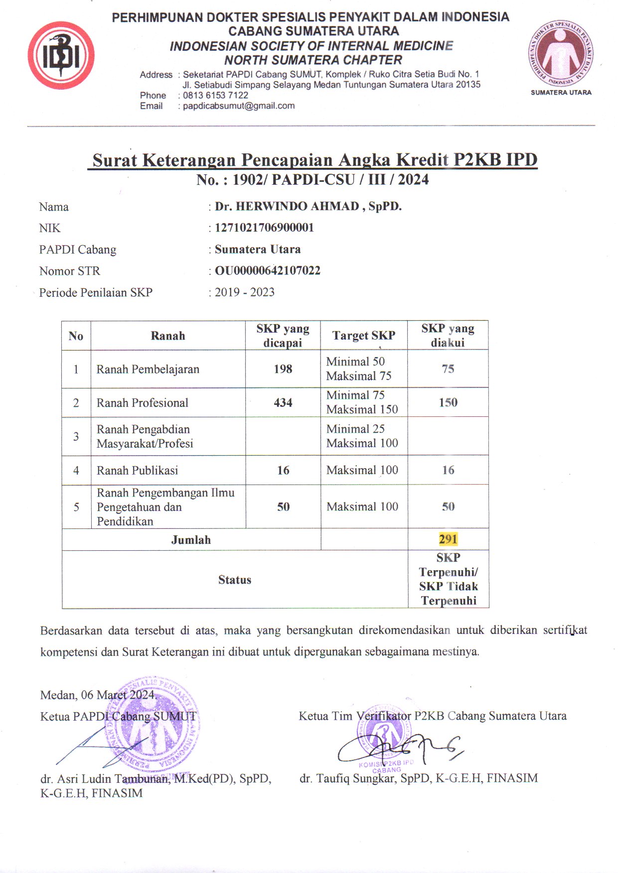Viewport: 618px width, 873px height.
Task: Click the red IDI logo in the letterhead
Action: pyautogui.click(x=61, y=56)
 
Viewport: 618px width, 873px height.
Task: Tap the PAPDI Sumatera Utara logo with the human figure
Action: pyautogui.click(x=561, y=54)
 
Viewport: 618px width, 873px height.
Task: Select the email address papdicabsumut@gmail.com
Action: pyautogui.click(x=239, y=106)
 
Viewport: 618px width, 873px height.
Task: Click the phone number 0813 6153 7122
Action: pyautogui.click(x=215, y=95)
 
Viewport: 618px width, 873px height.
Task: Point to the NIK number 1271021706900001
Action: pyautogui.click(x=264, y=228)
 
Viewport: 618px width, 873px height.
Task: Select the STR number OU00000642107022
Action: pyautogui.click(x=267, y=271)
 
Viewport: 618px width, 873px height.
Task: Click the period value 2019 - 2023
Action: pyautogui.click(x=244, y=292)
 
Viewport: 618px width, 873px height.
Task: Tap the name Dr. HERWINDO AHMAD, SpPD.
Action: pyautogui.click(x=308, y=207)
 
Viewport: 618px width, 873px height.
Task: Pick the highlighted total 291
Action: pyautogui.click(x=448, y=539)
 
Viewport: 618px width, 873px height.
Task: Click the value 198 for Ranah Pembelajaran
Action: pyautogui.click(x=283, y=369)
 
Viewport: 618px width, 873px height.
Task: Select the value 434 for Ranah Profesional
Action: pyautogui.click(x=283, y=403)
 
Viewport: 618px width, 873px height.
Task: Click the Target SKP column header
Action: pyautogui.click(x=364, y=336)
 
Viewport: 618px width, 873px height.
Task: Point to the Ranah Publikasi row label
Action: pyautogui.click(x=137, y=471)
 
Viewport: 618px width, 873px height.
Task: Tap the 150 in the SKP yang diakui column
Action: pyautogui.click(x=448, y=402)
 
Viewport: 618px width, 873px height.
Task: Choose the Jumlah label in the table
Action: pyautogui.click(x=191, y=540)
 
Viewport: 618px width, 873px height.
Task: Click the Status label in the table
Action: pyautogui.click(x=235, y=580)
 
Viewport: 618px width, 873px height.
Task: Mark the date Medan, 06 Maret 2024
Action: pyautogui.click(x=98, y=695)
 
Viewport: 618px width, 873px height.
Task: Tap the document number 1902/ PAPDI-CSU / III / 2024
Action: pyautogui.click(x=330, y=180)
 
